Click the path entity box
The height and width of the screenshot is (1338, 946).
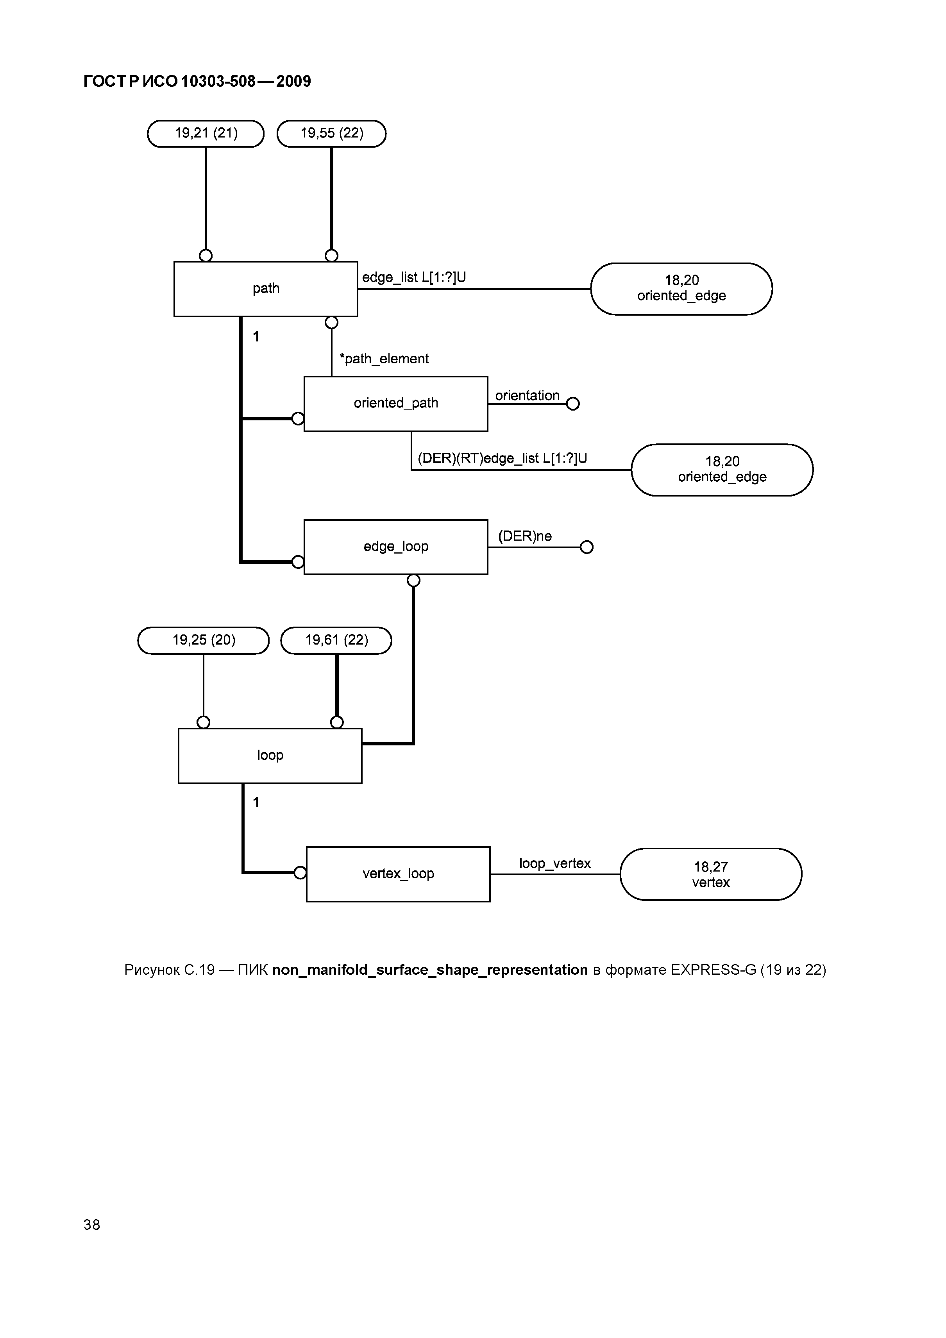tap(266, 289)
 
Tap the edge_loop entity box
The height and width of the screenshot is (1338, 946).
tap(396, 547)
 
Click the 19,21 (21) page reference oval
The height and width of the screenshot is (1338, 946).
tap(206, 134)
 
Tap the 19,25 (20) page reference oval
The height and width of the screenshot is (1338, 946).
tap(204, 640)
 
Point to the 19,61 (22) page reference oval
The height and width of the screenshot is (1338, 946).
tap(336, 640)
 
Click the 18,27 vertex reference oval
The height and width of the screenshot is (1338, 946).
tap(710, 874)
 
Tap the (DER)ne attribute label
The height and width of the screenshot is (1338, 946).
tap(525, 536)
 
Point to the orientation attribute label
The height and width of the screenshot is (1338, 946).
tap(527, 396)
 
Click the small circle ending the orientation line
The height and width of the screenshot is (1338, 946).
tap(573, 404)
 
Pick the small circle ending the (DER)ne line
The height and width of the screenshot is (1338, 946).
tap(587, 547)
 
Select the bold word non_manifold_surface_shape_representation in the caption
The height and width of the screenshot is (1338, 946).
tap(429, 970)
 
